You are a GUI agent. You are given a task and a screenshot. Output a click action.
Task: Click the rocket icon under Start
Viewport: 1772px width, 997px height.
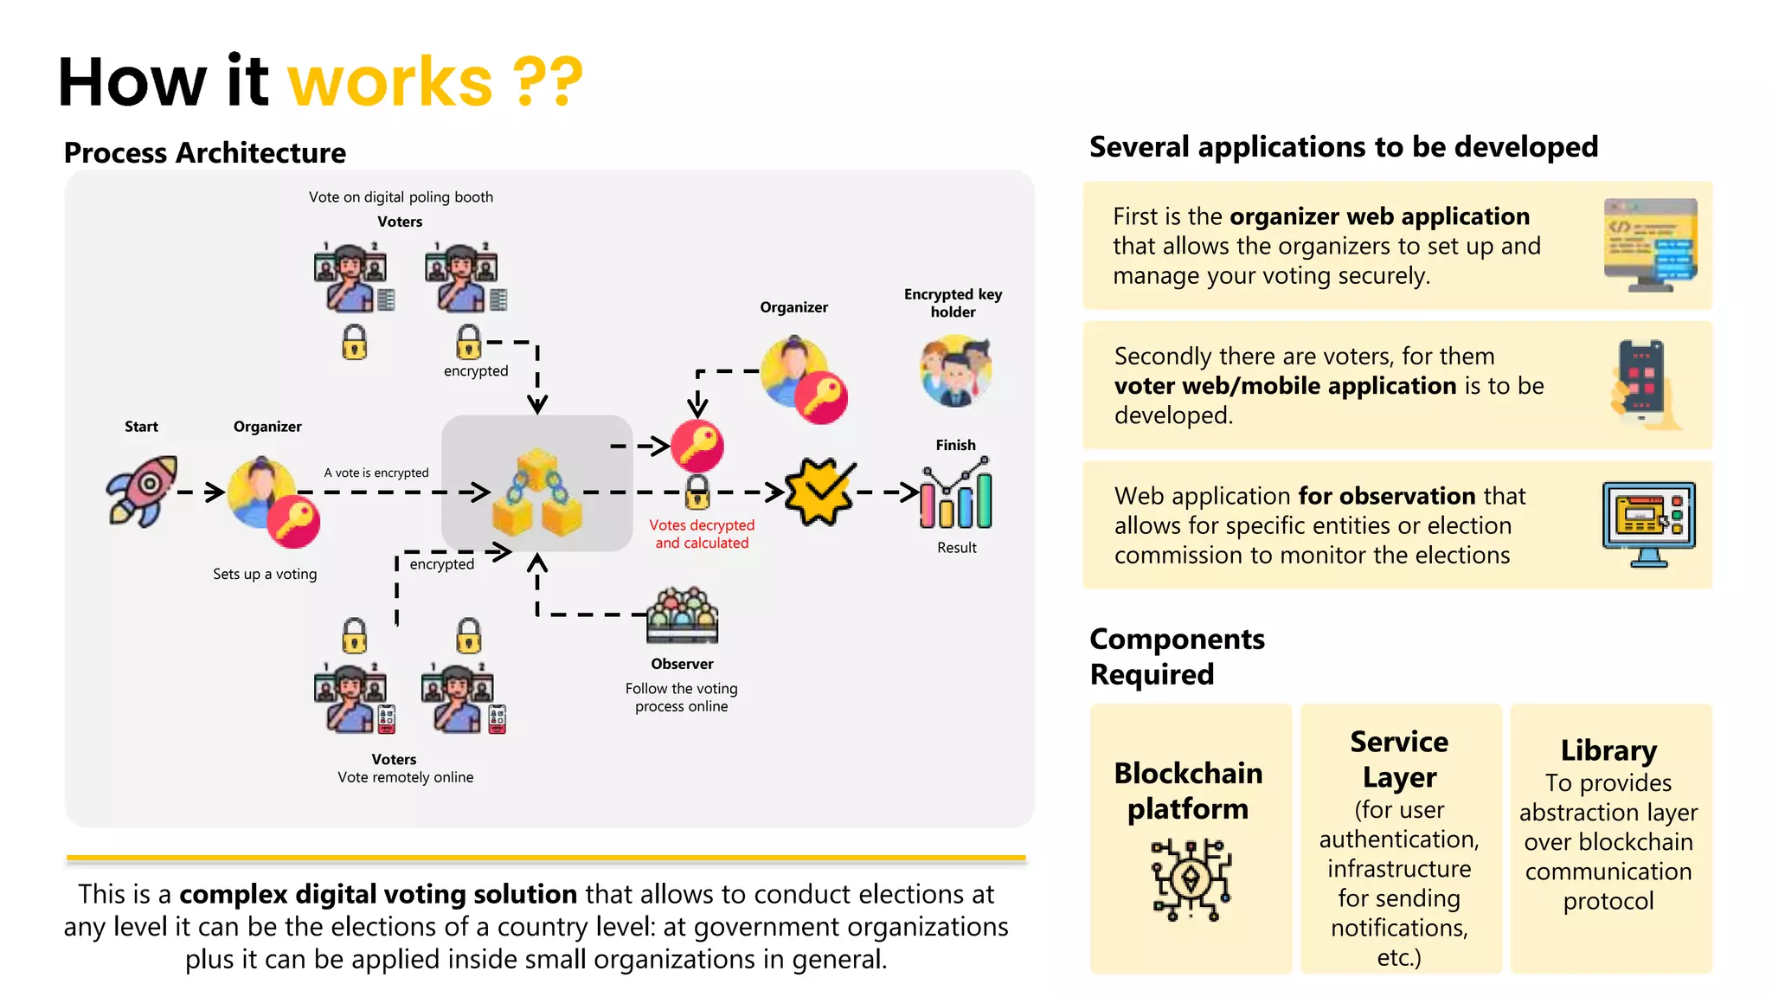pos(142,491)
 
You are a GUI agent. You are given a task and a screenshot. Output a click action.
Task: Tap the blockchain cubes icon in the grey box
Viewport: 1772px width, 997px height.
pos(537,492)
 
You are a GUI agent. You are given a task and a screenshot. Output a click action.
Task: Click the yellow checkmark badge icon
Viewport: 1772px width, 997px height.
pos(819,491)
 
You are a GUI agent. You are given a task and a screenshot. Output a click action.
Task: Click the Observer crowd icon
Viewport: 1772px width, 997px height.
pos(682,615)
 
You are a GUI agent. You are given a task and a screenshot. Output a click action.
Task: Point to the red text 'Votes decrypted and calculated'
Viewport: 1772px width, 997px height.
pos(702,534)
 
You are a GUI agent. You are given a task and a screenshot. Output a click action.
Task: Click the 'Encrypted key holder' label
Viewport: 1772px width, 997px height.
pos(953,303)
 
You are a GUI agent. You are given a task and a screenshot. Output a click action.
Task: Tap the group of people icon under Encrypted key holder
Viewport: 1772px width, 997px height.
pos(954,371)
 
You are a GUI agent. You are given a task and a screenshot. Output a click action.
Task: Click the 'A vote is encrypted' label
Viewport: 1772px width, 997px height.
pos(376,473)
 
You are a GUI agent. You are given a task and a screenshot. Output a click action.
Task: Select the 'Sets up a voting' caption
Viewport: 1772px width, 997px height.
pos(265,574)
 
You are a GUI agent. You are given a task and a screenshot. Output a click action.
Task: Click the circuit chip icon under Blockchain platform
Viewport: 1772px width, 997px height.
pos(1191,878)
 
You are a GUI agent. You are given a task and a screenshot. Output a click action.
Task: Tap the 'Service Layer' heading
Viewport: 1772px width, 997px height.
pos(1399,759)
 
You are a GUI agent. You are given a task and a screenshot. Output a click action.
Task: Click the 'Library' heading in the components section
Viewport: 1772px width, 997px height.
pos(1608,749)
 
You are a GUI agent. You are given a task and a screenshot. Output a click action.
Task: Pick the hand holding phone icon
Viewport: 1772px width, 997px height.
pos(1645,385)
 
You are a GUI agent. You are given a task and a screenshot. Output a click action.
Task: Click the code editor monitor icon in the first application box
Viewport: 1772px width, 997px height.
pos(1650,245)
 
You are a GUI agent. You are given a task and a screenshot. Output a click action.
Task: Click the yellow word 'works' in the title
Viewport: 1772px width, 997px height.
pos(390,82)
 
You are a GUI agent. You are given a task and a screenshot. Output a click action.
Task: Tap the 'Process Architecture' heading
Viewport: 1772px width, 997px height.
pos(205,153)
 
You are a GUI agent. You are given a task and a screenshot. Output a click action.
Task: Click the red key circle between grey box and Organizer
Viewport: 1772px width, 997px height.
pos(697,446)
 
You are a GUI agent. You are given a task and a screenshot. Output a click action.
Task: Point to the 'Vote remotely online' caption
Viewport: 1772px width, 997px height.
pos(405,777)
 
